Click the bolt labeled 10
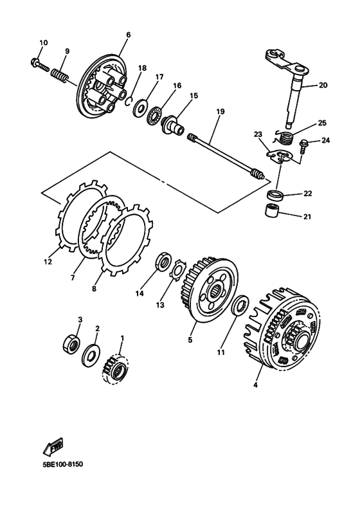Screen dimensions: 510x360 (37, 63)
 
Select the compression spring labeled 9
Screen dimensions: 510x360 (59, 71)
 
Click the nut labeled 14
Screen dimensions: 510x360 (163, 262)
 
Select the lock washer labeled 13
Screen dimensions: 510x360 (177, 271)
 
